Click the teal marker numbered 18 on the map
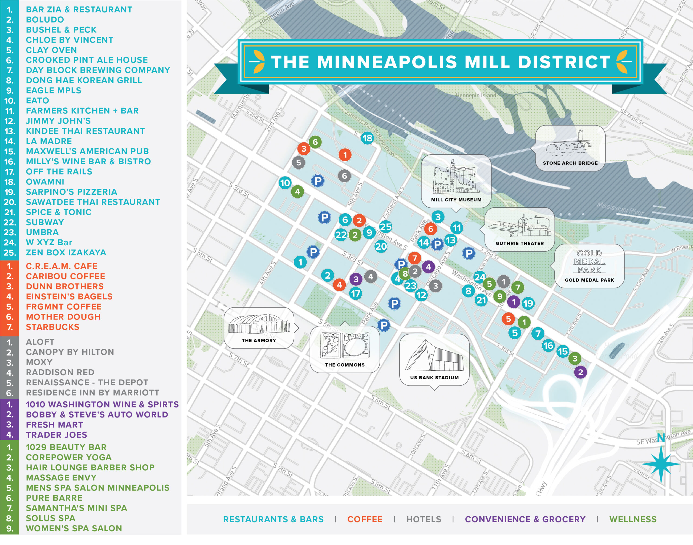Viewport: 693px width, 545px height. pos(367,138)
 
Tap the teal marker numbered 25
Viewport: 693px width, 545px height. pos(385,227)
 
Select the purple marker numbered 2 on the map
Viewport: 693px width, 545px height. pos(580,372)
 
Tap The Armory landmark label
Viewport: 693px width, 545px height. pos(259,341)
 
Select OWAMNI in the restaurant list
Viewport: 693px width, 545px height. pos(45,182)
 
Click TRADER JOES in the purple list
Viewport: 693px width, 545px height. pos(57,435)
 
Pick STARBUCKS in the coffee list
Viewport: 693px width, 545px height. pos(53,327)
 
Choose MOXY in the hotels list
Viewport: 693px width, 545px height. pos(39,362)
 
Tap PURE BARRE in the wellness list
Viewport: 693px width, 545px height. pos(54,498)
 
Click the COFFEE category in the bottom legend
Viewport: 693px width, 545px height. pos(365,520)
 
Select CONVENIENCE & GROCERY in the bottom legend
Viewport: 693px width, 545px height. pos(525,520)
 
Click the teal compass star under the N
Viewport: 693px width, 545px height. pos(661,464)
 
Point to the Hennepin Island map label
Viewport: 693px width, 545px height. pos(475,95)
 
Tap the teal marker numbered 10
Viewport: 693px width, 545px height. pos(285,183)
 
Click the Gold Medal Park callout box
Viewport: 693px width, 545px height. pos(589,266)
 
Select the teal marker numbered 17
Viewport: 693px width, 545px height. pos(355,293)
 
